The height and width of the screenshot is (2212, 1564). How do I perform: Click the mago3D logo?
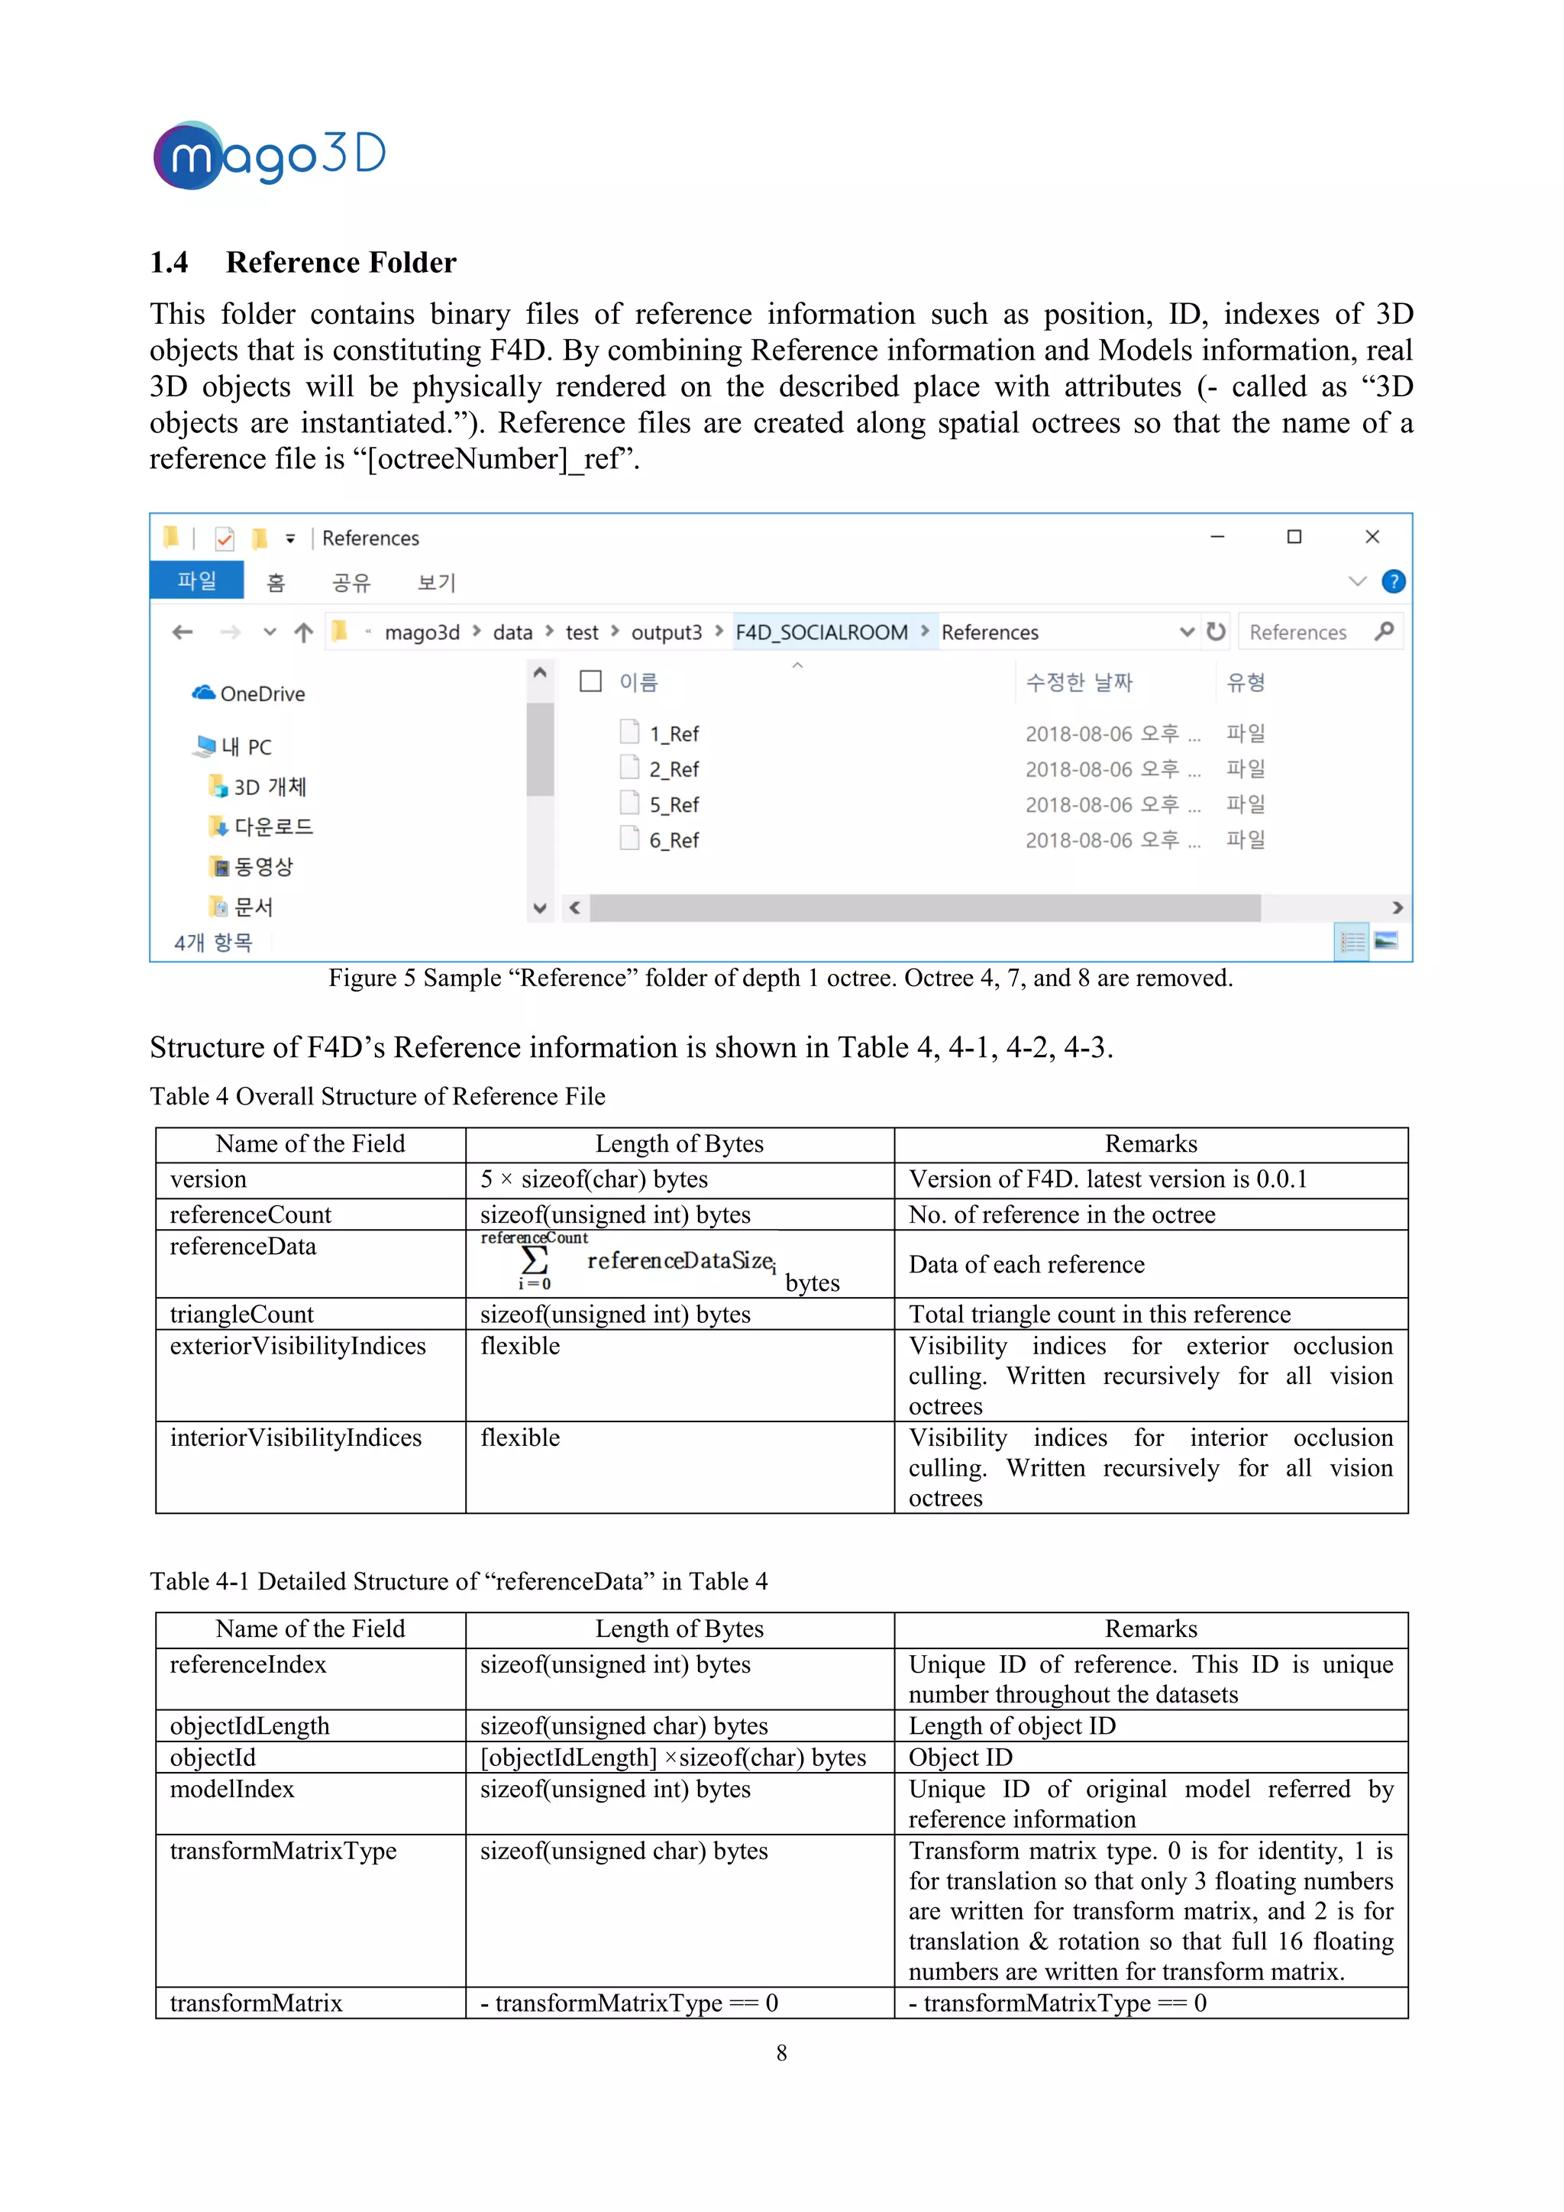click(269, 154)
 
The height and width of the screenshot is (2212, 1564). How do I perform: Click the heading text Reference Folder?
click(341, 262)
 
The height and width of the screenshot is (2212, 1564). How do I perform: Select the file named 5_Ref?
click(673, 804)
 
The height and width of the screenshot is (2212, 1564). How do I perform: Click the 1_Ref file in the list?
click(673, 734)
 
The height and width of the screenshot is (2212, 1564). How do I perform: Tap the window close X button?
click(1372, 537)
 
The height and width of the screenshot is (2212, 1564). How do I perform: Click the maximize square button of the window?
click(1294, 537)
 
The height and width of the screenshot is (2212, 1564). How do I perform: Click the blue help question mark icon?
click(1393, 582)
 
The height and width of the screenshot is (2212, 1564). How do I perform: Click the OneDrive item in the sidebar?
click(261, 694)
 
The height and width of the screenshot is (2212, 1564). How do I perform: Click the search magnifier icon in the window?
click(1384, 632)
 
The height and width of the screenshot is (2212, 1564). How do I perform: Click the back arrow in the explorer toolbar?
click(182, 632)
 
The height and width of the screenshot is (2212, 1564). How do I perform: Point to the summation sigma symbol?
click(535, 1260)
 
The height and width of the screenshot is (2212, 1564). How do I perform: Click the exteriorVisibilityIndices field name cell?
click(298, 1346)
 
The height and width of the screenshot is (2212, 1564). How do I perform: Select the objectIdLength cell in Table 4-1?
click(250, 1725)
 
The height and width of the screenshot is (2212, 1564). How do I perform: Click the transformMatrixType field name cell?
click(283, 1851)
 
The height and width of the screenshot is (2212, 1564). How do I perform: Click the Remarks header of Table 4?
click(1151, 1143)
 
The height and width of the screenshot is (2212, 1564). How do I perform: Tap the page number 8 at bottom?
click(781, 2053)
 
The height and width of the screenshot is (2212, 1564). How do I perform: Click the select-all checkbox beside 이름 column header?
click(590, 681)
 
